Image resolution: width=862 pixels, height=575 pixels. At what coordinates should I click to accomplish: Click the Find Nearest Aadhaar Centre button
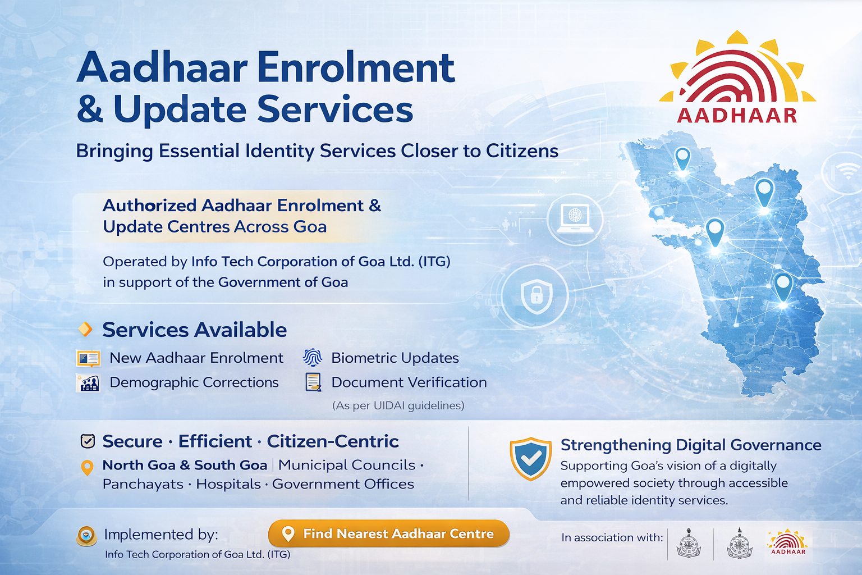coord(389,533)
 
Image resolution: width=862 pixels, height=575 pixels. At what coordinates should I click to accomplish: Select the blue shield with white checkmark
coord(530,459)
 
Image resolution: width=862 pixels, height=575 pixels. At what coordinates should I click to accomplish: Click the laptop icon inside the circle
coord(575,218)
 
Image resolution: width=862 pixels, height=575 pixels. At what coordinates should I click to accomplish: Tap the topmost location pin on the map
coord(682,158)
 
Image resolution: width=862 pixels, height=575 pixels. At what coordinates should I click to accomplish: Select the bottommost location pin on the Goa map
coord(782,286)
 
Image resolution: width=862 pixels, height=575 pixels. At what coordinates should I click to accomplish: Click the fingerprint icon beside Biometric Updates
coord(313,358)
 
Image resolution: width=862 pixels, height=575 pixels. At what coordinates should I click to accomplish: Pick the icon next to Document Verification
coord(313,382)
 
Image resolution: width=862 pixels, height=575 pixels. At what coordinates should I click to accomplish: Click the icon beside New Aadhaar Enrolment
coord(88,358)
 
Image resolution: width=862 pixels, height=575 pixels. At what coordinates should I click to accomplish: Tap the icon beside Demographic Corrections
coord(88,383)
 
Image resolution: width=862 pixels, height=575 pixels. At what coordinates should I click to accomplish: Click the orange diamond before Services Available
coord(85,329)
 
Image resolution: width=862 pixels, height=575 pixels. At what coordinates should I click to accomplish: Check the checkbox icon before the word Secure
coord(88,441)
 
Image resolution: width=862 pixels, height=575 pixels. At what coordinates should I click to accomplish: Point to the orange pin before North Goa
coord(87,467)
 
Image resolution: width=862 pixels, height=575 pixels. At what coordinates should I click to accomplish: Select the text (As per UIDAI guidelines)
coord(398,405)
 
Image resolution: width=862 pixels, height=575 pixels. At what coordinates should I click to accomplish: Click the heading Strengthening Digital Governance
coord(690,445)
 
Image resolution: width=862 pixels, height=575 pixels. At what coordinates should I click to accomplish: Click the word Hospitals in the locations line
coord(228,484)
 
